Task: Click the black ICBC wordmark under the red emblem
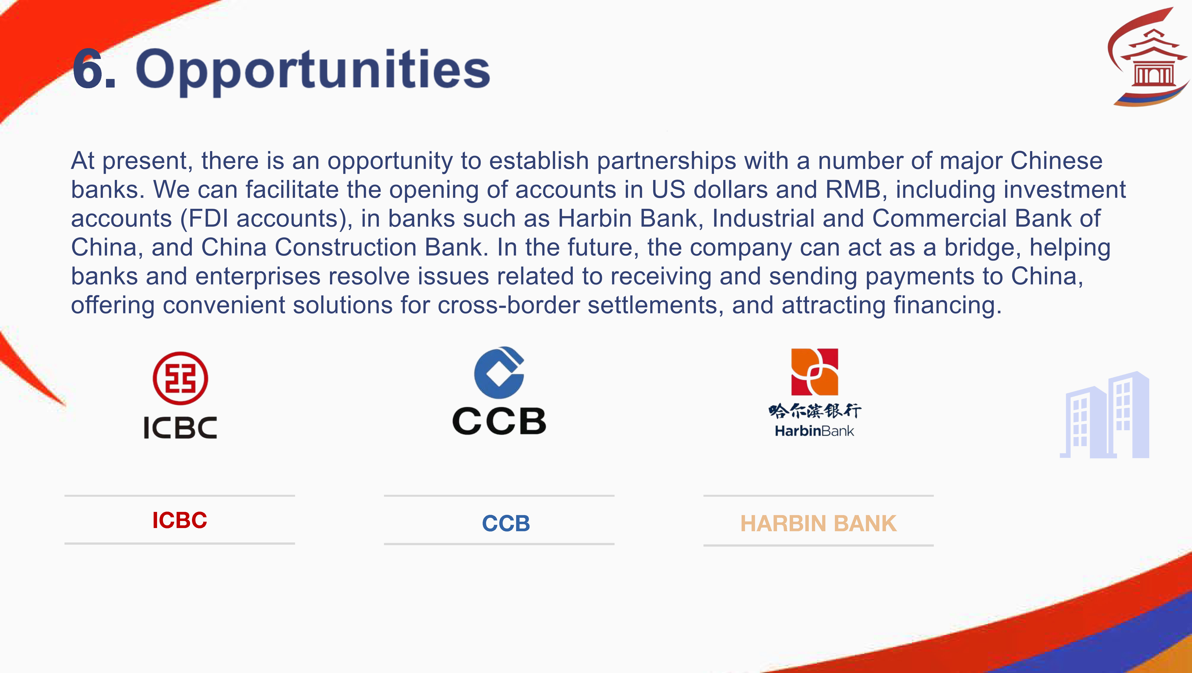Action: coord(181,427)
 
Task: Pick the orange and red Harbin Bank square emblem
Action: coord(814,372)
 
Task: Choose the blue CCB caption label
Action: coord(506,523)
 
